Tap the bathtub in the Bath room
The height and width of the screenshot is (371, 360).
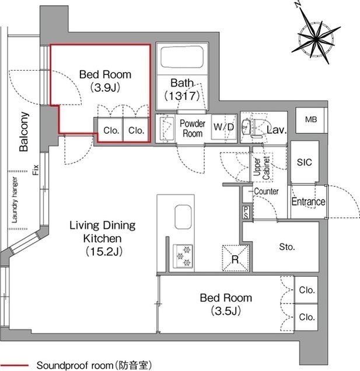pos(181,57)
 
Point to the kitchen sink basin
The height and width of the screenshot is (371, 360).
pos(183,217)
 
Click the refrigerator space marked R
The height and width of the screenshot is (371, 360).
pos(235,258)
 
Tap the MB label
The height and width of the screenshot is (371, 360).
pos(310,120)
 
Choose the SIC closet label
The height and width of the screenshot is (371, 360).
pos(304,162)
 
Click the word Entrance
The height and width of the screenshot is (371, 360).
pos(308,202)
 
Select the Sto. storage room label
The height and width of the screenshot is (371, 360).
pos(286,247)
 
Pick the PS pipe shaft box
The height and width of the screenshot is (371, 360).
pos(246,212)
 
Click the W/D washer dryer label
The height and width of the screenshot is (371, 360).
pos(223,127)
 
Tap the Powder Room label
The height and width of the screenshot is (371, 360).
pos(193,129)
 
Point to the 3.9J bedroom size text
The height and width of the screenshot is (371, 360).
pos(106,88)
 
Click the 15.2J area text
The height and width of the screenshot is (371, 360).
pos(104,251)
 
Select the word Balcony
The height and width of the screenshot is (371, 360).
pos(24,131)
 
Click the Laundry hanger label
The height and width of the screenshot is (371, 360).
pos(15,200)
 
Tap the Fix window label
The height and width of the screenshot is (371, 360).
pos(36,170)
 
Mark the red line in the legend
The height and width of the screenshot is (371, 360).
pos(15,365)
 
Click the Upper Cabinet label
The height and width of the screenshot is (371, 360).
pos(261,168)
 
